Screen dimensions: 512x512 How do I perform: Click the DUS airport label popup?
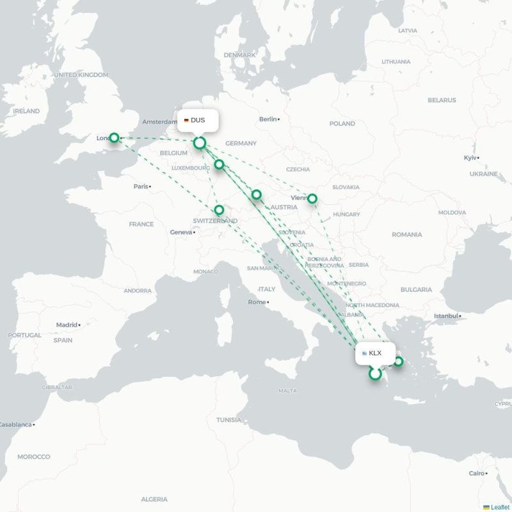198,120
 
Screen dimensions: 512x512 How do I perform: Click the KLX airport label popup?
375,353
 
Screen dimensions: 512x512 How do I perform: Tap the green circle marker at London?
114,138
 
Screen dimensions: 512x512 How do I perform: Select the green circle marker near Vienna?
312,198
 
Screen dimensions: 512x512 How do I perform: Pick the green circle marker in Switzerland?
219,210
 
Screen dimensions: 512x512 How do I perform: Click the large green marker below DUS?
200,143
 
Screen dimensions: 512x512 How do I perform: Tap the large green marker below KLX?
375,374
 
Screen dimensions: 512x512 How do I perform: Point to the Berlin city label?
268,119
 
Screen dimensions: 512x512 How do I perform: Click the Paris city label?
141,187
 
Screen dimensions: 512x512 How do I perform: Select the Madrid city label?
67,325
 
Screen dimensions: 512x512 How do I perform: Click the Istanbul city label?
446,316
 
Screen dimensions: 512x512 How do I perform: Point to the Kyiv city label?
471,157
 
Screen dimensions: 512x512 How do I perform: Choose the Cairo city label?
477,474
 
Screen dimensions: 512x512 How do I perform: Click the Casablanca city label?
15,424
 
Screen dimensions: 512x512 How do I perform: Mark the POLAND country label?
342,124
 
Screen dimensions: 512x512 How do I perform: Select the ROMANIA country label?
406,235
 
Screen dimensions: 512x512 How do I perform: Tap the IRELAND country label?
26,111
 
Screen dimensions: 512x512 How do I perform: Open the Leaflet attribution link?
500,507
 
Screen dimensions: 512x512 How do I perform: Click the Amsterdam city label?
159,122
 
